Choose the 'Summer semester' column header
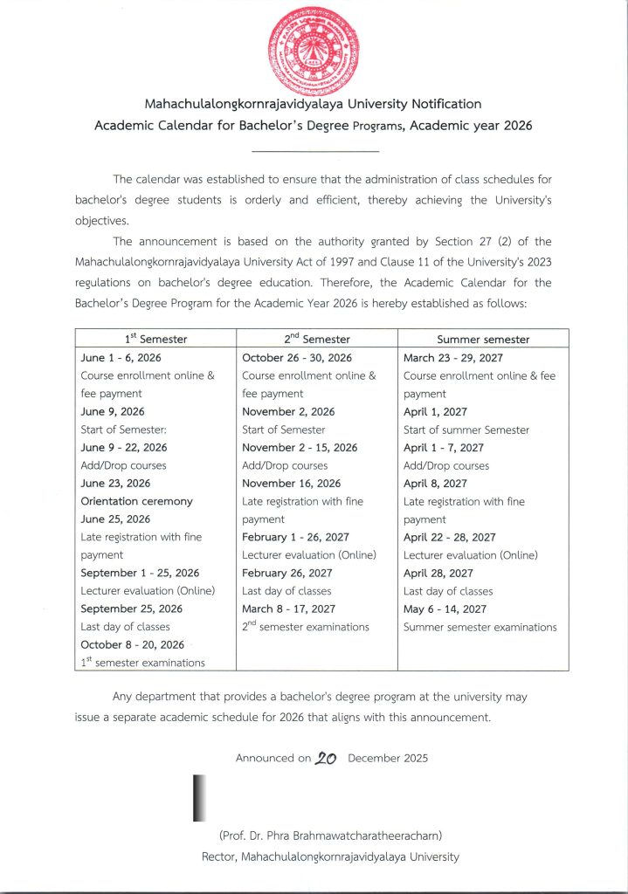pyautogui.click(x=483, y=339)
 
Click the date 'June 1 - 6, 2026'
pyautogui.click(x=121, y=358)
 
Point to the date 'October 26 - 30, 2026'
pyautogui.click(x=297, y=358)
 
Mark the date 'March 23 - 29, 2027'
pyautogui.click(x=453, y=358)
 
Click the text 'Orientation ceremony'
pyautogui.click(x=136, y=501)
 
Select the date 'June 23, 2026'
pyautogui.click(x=115, y=483)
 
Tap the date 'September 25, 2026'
pyautogui.click(x=131, y=609)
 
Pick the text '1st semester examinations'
pyautogui.click(x=142, y=663)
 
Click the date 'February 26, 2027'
pyautogui.click(x=286, y=573)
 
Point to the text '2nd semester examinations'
pyautogui.click(x=305, y=627)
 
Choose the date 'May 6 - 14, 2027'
pyautogui.click(x=445, y=609)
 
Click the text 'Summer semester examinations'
pyautogui.click(x=480, y=627)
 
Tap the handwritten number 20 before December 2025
pyautogui.click(x=328, y=758)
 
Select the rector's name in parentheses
pyautogui.click(x=330, y=836)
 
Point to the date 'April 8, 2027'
pyautogui.click(x=435, y=483)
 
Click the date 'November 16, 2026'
pyautogui.click(x=291, y=483)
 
